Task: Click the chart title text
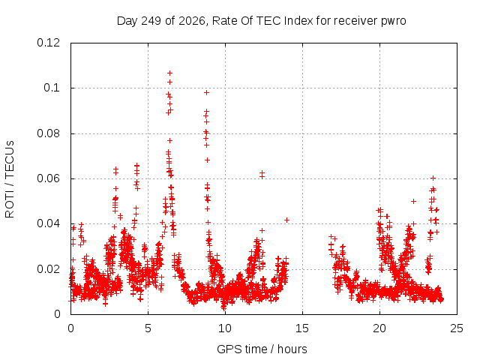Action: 262,21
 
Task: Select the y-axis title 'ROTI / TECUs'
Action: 10,179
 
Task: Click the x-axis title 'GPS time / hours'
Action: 262,349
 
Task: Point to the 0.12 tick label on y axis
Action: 48,43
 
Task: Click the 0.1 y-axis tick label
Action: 52,88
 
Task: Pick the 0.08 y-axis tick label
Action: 48,133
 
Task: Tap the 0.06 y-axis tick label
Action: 48,178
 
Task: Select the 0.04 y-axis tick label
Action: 48,223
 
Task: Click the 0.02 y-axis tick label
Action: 48,269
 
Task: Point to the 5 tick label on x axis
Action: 148,328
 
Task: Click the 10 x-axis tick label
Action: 225,328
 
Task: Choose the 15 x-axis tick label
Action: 302,328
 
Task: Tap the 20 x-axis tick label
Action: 379,328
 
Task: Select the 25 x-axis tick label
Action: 457,328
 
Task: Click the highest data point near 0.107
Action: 170,73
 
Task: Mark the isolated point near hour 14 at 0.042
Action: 286,220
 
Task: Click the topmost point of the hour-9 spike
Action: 207,93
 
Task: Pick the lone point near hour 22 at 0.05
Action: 413,202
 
